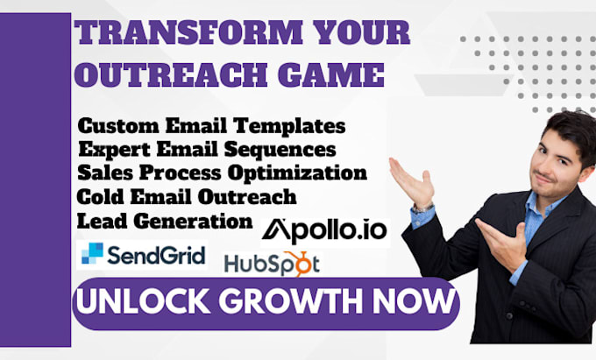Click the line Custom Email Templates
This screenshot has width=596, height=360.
click(211, 124)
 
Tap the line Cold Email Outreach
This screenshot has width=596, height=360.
click(187, 194)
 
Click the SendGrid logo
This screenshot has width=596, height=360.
click(142, 255)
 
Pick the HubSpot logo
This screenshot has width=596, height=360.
click(272, 262)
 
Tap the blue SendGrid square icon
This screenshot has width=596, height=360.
click(91, 254)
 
